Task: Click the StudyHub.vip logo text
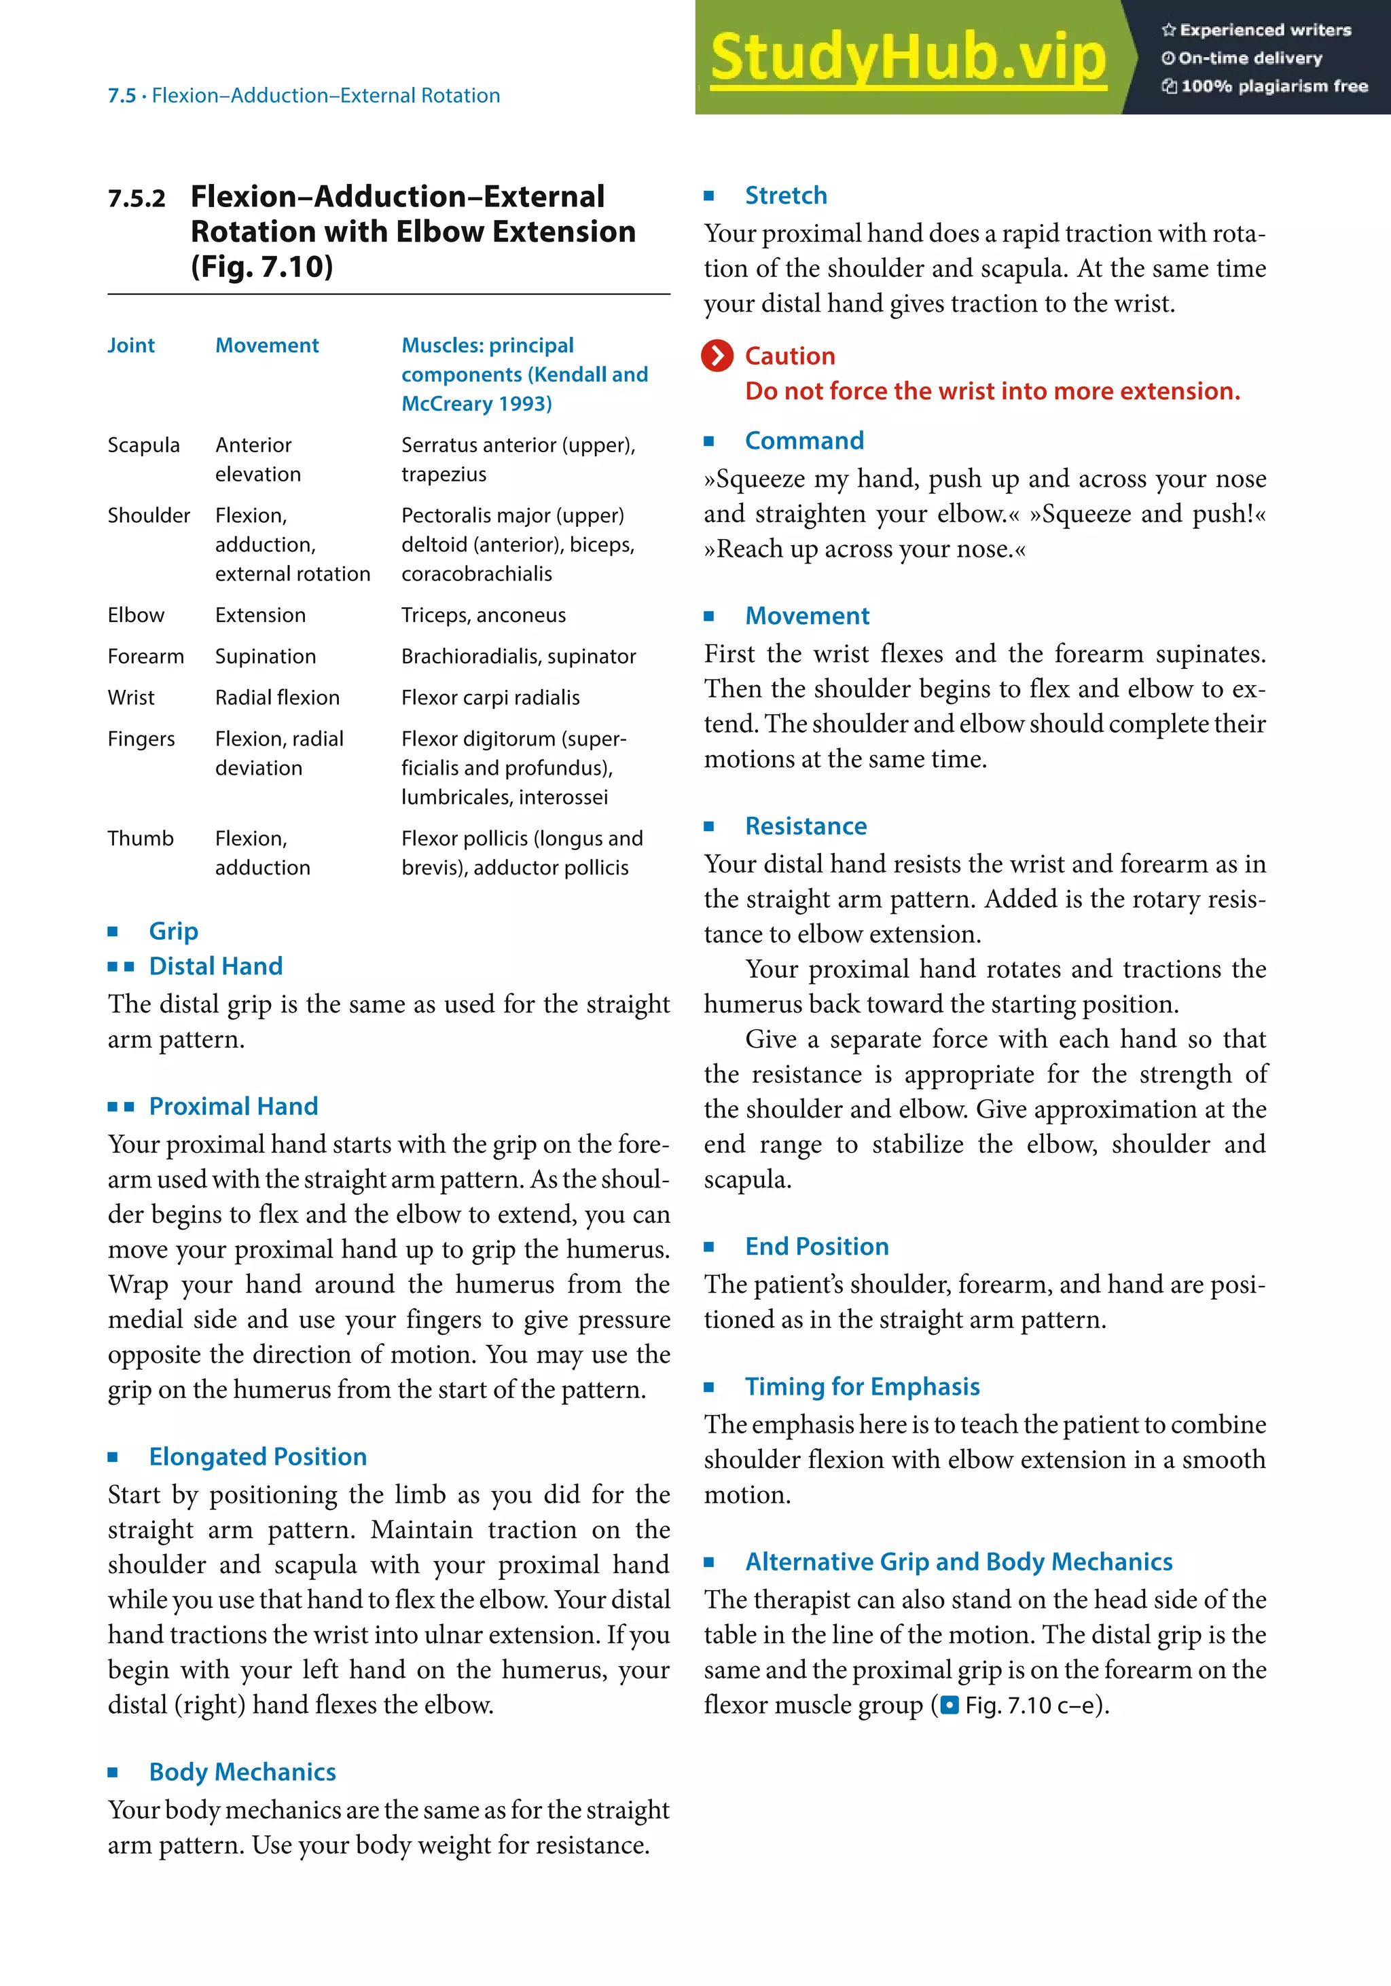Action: (907, 57)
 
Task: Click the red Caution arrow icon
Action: (717, 356)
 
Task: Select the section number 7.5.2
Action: (137, 199)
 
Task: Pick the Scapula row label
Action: (143, 445)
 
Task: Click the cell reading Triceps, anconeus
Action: (483, 615)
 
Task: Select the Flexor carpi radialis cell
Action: (490, 697)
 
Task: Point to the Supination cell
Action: (265, 656)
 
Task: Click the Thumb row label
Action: (140, 838)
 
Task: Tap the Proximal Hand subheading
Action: (233, 1105)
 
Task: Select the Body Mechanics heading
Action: (242, 1771)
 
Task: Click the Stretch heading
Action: (785, 196)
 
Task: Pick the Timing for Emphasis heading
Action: (862, 1386)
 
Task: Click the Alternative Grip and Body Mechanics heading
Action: (958, 1561)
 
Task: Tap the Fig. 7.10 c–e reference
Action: (1030, 1705)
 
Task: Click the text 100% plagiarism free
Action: (1273, 86)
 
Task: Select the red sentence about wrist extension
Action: (992, 391)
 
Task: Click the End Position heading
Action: (816, 1247)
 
